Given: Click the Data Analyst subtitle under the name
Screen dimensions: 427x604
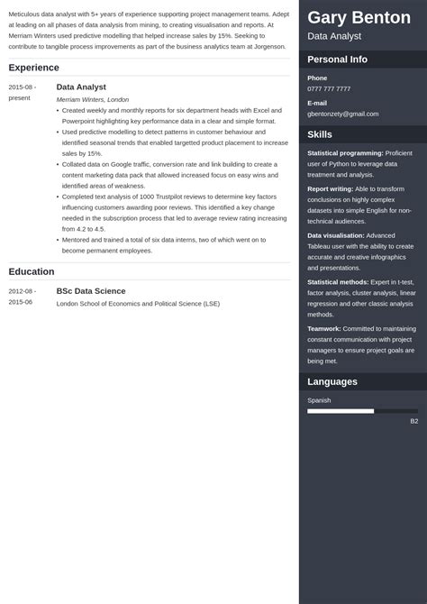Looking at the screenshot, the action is (x=334, y=36).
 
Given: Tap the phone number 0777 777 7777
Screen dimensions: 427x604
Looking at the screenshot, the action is (x=329, y=89).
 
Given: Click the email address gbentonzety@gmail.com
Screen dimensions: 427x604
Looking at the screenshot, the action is (x=342, y=114).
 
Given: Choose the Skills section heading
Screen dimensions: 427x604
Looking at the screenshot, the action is (x=320, y=134).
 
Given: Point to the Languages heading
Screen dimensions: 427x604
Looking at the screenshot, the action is (x=332, y=381).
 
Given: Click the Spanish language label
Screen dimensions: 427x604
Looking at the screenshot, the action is (x=319, y=400).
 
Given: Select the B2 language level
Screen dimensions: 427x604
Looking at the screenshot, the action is (x=413, y=421).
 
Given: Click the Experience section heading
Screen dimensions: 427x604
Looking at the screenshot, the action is (x=33, y=68).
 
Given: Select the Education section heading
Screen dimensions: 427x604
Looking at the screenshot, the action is (x=32, y=271).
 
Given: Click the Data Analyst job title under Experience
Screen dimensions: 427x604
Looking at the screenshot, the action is (x=81, y=87).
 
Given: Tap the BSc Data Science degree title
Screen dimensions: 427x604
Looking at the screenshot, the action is (x=90, y=291).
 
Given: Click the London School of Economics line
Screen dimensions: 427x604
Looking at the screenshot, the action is (x=138, y=304).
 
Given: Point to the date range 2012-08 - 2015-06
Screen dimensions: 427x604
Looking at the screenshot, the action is (x=23, y=297).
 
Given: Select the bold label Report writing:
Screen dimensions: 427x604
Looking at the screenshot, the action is (x=335, y=188).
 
